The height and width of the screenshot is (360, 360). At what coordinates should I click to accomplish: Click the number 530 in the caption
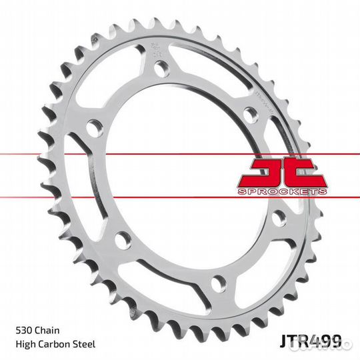(x=23, y=331)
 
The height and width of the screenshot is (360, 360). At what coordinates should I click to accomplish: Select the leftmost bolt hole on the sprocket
(x=96, y=127)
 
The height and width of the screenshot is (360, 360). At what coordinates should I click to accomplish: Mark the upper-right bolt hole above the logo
(x=250, y=114)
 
